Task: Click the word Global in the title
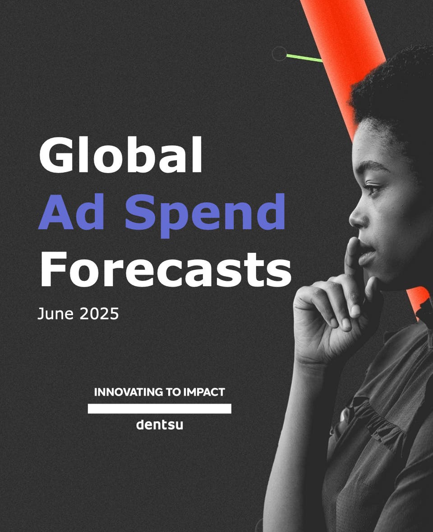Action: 121,155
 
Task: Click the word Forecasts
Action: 166,270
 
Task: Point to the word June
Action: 55,313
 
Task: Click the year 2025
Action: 99,313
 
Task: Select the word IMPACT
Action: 204,392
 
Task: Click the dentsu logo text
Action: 160,425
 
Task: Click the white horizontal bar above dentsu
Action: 160,409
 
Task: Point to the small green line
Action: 304,58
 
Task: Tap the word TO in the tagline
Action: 173,392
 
